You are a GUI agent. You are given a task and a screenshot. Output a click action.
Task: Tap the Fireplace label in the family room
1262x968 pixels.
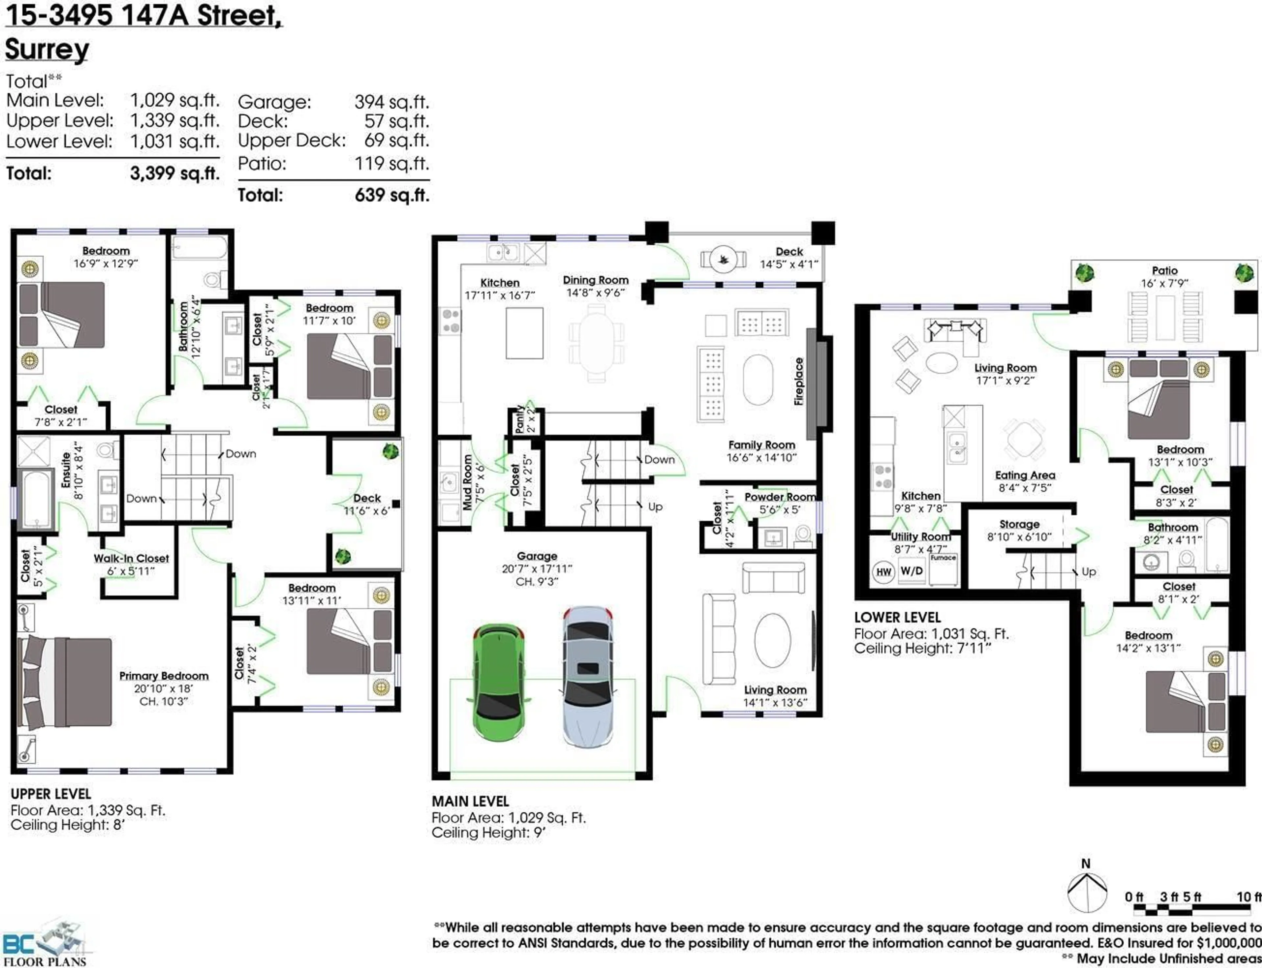[x=799, y=381]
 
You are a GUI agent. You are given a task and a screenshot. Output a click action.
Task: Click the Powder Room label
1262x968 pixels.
[x=780, y=497]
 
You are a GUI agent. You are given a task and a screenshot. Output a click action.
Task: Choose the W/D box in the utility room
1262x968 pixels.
[x=911, y=571]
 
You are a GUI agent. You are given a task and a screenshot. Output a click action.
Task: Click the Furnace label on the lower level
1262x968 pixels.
[x=943, y=558]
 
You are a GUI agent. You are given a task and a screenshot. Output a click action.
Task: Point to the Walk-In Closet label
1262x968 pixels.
[x=131, y=558]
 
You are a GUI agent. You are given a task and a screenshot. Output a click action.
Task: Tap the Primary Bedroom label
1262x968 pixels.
[x=164, y=676]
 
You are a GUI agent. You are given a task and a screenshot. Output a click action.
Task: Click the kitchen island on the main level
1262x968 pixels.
[x=524, y=333]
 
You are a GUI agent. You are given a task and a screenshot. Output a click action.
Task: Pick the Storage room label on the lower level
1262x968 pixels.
[x=1019, y=524]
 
